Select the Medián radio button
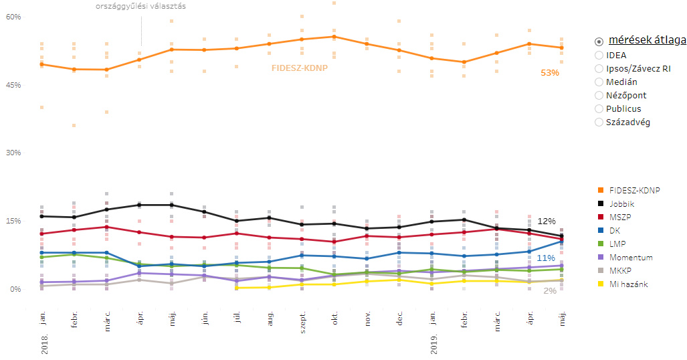click(599, 82)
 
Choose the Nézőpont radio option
click(599, 95)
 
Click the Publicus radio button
click(599, 108)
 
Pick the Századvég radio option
click(599, 122)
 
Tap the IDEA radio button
click(599, 55)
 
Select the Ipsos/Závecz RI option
click(599, 68)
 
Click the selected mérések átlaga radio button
click(599, 41)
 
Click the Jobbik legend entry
click(621, 203)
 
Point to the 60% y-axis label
click(14, 17)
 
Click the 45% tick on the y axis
click(14, 85)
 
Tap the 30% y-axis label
click(14, 153)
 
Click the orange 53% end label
click(550, 73)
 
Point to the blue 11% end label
click(546, 258)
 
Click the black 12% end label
click(547, 221)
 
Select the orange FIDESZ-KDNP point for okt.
click(334, 37)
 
